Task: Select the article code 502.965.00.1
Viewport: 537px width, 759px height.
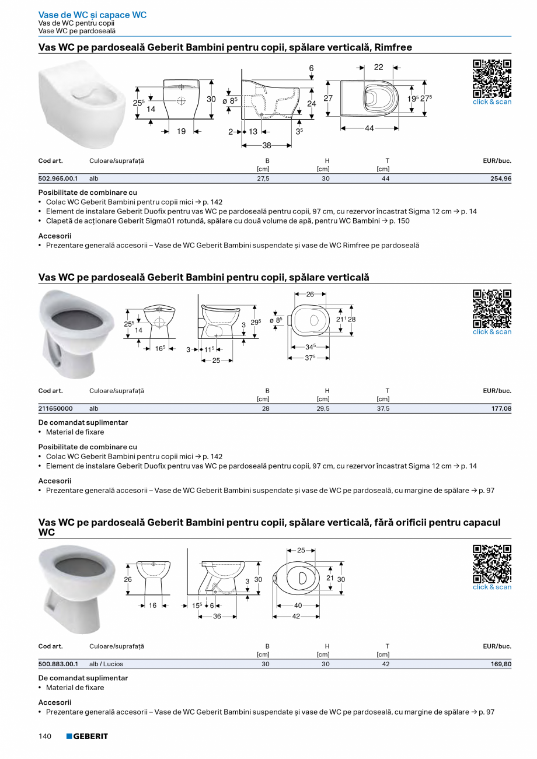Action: point(58,179)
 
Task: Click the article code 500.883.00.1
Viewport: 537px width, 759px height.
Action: point(58,664)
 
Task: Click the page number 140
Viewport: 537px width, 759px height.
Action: point(46,736)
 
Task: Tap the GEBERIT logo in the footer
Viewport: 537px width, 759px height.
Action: point(87,736)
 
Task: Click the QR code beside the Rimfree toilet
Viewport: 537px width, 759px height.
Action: point(491,79)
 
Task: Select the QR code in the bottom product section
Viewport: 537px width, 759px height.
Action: point(491,564)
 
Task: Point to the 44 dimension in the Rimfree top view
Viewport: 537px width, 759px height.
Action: point(369,128)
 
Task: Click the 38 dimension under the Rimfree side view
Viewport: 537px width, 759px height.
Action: point(267,145)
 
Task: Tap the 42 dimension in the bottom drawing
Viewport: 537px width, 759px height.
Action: point(296,616)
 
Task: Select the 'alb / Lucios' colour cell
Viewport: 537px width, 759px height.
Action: point(106,664)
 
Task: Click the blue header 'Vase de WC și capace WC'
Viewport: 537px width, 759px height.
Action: point(92,15)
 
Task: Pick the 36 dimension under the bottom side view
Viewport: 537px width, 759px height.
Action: point(217,616)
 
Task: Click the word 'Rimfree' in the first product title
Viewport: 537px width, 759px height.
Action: point(393,47)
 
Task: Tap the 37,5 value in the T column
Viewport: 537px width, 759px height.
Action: point(385,409)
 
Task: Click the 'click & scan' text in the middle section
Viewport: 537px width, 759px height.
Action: point(491,332)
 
